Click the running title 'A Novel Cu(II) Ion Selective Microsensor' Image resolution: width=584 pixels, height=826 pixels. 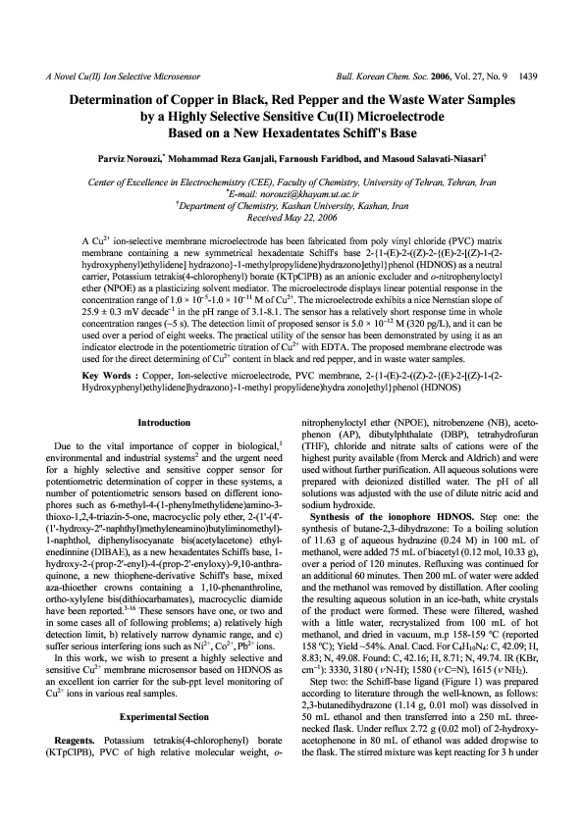120,75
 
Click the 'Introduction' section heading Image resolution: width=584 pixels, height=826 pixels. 164,449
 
